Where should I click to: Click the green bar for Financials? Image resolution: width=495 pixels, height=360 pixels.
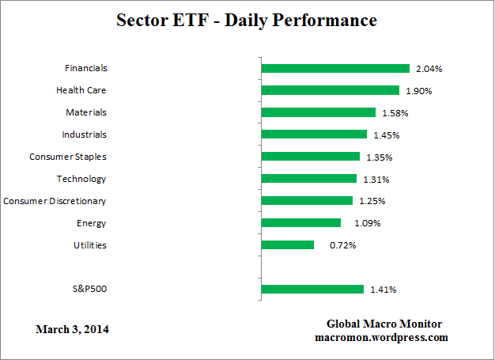(x=335, y=69)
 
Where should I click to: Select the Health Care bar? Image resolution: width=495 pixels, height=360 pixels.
(x=330, y=90)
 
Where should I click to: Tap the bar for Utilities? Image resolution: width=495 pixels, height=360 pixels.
(x=287, y=245)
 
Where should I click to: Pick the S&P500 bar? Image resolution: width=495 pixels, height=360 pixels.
(x=312, y=290)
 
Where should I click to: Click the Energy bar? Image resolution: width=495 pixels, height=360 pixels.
(x=300, y=223)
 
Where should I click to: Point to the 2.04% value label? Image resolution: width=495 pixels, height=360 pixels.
(x=429, y=69)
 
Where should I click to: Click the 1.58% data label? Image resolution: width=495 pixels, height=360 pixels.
(x=395, y=113)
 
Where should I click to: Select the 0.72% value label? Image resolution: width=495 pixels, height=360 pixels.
(x=342, y=245)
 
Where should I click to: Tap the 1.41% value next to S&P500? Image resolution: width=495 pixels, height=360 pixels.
(x=383, y=290)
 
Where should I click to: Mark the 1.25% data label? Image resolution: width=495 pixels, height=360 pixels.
(x=372, y=201)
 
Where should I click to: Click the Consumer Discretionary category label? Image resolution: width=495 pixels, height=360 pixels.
(x=55, y=201)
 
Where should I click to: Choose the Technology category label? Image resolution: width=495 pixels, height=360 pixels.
(x=81, y=179)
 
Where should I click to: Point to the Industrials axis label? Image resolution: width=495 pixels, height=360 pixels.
(x=84, y=135)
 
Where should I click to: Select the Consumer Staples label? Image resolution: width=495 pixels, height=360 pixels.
(x=68, y=157)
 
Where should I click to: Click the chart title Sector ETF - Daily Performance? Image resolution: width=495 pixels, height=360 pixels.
(x=247, y=20)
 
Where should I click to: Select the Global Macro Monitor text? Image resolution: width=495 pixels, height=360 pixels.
(x=384, y=324)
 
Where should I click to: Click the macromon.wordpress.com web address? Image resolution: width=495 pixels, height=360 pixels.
(x=381, y=337)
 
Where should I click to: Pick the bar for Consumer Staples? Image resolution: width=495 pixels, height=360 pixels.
(x=310, y=157)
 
